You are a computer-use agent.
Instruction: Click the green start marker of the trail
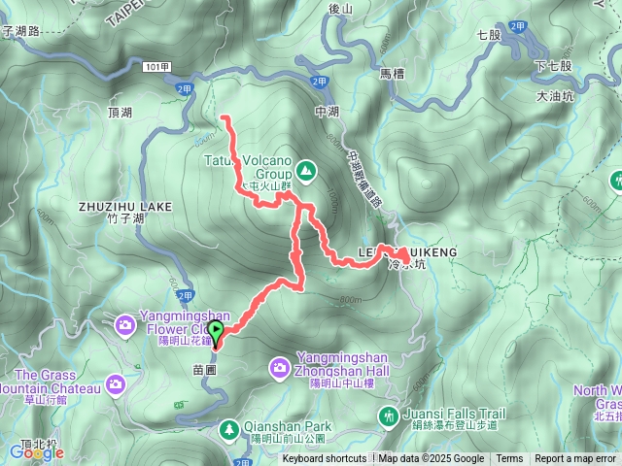216,332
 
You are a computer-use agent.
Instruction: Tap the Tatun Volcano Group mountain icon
306,172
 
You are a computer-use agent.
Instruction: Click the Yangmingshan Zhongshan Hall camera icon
280,367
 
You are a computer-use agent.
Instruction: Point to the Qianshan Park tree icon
228,427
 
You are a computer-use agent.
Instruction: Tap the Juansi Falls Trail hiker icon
389,416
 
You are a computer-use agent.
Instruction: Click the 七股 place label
489,34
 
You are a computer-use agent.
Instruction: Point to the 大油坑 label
556,96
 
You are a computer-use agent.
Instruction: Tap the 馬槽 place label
392,73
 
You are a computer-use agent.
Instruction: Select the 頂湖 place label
121,114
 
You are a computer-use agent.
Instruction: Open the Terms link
509,459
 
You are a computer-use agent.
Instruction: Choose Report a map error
575,459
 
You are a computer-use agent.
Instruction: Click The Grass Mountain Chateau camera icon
116,385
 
